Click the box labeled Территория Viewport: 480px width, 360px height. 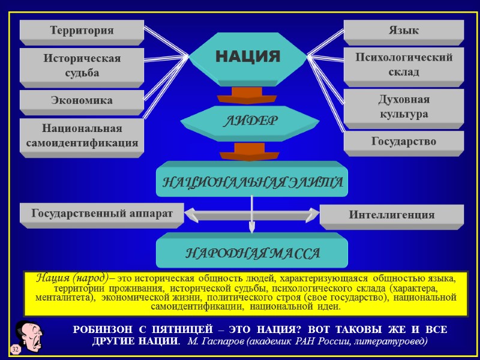coord(82,30)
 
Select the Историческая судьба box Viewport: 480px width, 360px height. coord(82,65)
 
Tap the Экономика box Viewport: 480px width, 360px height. coord(82,100)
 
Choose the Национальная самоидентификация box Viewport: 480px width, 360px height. coord(82,136)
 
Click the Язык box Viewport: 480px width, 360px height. coord(403,30)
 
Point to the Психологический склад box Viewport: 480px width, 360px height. coord(403,64)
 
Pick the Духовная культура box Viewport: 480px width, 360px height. coord(403,106)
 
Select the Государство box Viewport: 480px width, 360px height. coord(403,142)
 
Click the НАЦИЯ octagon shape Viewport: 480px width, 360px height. coord(248,57)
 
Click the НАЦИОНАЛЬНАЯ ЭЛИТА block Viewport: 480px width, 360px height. coord(251,181)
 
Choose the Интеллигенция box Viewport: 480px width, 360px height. coord(391,215)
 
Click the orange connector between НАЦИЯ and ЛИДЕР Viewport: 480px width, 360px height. coord(247,96)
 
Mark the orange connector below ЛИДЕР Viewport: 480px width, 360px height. coord(249,151)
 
